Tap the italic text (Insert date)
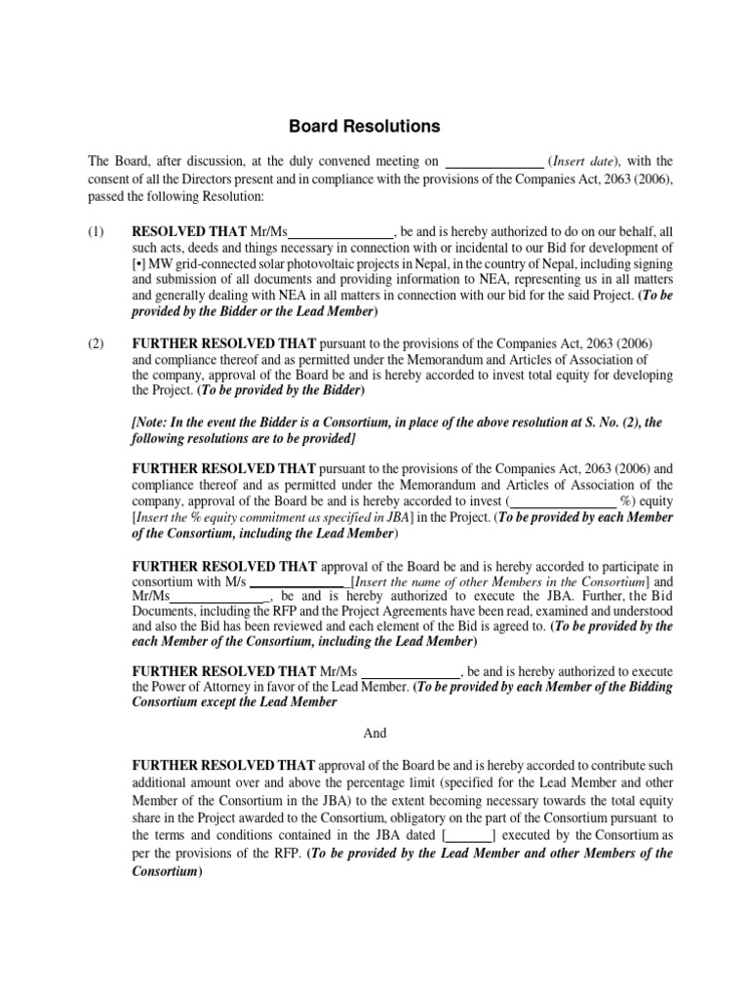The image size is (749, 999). pyautogui.click(x=584, y=161)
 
